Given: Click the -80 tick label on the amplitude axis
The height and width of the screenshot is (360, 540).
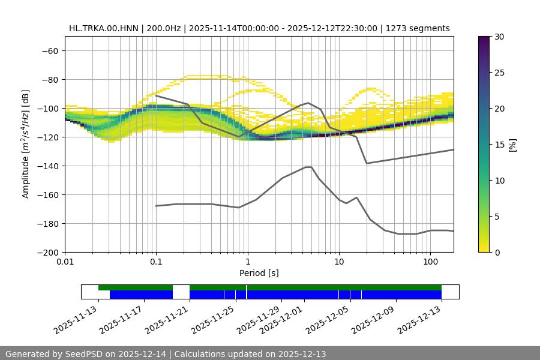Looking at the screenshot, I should click(x=49, y=79).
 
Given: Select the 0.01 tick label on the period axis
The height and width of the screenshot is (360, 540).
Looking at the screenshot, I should click(x=65, y=262).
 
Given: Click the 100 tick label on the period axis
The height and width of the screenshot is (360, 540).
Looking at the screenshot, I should click(x=430, y=262).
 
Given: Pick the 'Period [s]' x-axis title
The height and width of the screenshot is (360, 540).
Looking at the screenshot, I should click(x=259, y=273).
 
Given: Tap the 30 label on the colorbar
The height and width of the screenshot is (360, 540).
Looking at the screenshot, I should click(x=499, y=37).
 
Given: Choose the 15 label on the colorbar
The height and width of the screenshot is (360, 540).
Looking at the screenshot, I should click(x=499, y=144).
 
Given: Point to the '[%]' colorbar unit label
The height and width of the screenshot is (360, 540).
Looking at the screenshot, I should click(x=512, y=144).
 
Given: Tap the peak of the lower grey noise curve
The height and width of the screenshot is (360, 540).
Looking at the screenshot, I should click(x=308, y=167).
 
